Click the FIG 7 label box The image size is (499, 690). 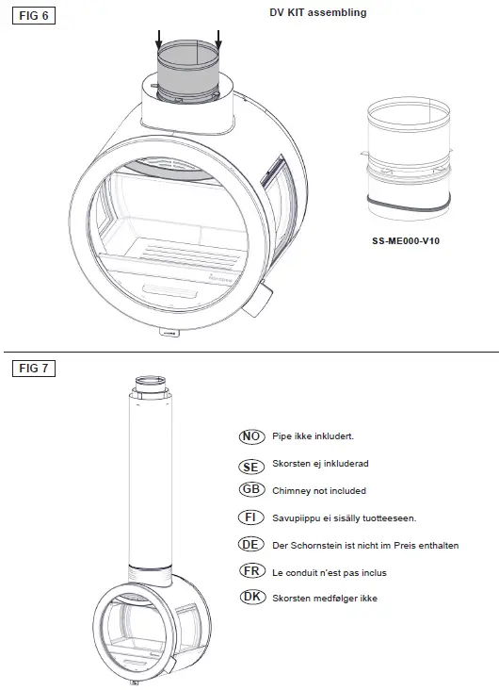[31, 368]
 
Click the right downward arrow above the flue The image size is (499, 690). [218, 40]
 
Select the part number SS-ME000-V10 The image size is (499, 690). [406, 240]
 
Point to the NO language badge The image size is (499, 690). [250, 436]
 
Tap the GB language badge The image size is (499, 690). [250, 490]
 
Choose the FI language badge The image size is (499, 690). [250, 517]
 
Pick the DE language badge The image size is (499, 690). [250, 545]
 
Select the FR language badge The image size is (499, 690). [250, 571]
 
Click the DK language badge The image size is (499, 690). [250, 598]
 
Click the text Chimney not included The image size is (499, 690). [318, 491]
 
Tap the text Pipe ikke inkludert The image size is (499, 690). [312, 436]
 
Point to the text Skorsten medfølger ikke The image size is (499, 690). [324, 599]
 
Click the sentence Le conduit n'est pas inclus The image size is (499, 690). [329, 572]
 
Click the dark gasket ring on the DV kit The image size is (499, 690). [407, 203]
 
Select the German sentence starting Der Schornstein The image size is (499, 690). [364, 546]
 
